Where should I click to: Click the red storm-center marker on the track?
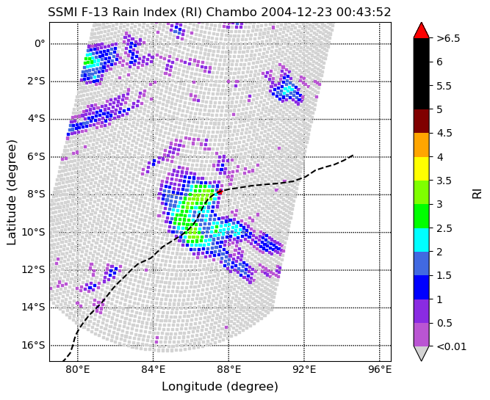[x=220, y=192]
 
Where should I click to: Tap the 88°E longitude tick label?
[x=228, y=369]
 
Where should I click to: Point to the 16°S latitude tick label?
[x=34, y=345]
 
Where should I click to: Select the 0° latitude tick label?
[x=40, y=43]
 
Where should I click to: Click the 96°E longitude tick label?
[x=379, y=369]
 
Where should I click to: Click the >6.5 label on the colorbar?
[x=448, y=38]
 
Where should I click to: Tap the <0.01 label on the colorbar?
[x=451, y=346]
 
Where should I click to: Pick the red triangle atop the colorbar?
[x=421, y=30]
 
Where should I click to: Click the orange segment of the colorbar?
[x=421, y=145]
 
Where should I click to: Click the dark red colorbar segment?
[x=421, y=121]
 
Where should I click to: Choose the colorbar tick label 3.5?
[x=444, y=180]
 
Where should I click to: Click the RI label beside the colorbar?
[x=478, y=192]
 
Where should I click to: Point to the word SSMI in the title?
[x=64, y=12]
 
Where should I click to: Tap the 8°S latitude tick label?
[x=34, y=194]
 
